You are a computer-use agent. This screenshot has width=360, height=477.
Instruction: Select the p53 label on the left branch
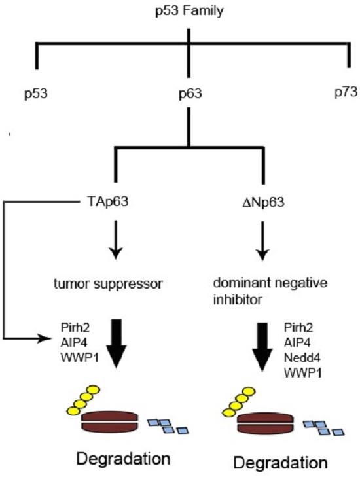point(35,93)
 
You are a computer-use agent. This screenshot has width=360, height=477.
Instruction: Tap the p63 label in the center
point(190,93)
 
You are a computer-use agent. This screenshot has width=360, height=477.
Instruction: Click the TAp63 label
point(114,201)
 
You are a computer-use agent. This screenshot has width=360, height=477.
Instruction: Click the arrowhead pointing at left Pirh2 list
point(51,338)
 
